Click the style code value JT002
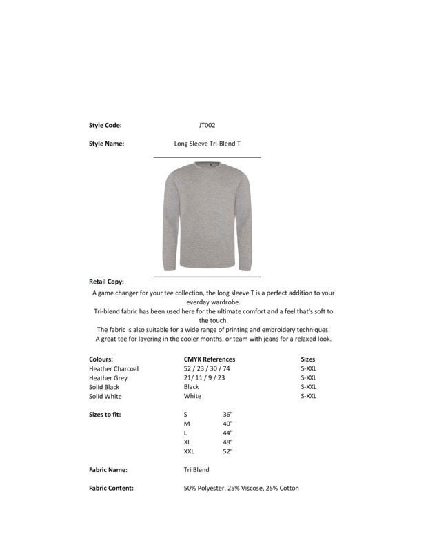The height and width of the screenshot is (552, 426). [x=207, y=125]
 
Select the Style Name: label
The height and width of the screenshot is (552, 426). [x=106, y=144]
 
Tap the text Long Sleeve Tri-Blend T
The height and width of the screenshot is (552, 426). [x=207, y=144]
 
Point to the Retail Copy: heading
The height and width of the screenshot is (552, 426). [x=106, y=282]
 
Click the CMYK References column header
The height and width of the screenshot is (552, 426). [x=210, y=359]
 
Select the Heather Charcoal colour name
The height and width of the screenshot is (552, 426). [x=114, y=368]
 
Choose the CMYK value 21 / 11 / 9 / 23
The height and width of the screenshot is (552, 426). [x=204, y=378]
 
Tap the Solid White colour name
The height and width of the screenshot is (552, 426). [x=105, y=397]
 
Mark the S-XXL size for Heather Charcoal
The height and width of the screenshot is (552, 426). [x=309, y=368]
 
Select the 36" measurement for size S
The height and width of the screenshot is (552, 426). [x=228, y=414]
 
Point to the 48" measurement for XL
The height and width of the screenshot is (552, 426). [x=228, y=442]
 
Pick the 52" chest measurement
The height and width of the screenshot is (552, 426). [x=228, y=451]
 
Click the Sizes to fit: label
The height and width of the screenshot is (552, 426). [x=105, y=414]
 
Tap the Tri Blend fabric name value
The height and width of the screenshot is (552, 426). [x=196, y=469]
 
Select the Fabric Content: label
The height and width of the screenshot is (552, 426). [x=111, y=488]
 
